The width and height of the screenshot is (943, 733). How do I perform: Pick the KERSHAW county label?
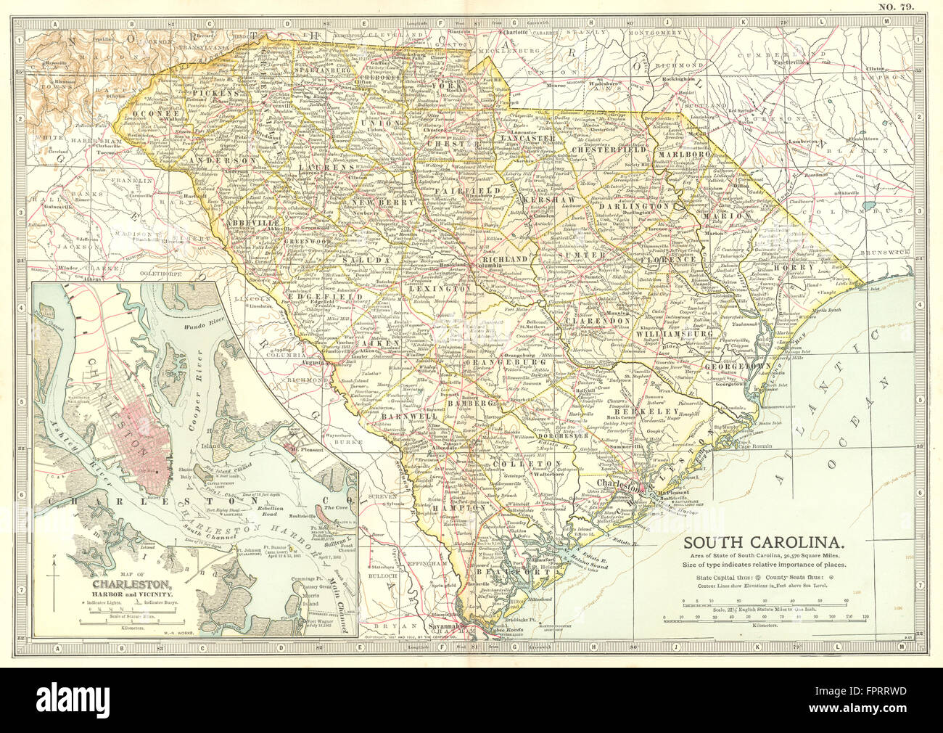coord(541,198)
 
